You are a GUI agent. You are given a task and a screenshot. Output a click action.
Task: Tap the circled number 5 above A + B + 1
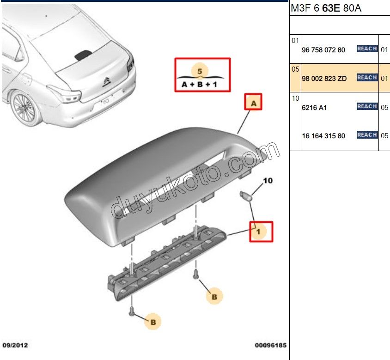pyautogui.click(x=200, y=71)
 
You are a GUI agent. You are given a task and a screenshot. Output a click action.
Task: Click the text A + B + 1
pyautogui.click(x=200, y=85)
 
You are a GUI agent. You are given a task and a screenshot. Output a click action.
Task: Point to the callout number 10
pyautogui.click(x=268, y=181)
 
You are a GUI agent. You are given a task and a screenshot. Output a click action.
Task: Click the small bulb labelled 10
pyautogui.click(x=246, y=196)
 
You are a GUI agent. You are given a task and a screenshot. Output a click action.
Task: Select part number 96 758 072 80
pyautogui.click(x=323, y=49)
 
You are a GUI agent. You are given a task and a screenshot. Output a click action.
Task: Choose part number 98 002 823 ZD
pyautogui.click(x=323, y=78)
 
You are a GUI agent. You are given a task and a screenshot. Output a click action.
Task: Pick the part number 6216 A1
pyautogui.click(x=314, y=107)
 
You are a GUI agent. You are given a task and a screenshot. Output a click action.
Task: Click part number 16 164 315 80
pyautogui.click(x=323, y=136)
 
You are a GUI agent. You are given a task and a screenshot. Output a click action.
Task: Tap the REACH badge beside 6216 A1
pyautogui.click(x=367, y=106)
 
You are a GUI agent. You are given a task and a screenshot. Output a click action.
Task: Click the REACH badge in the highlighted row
pyautogui.click(x=367, y=78)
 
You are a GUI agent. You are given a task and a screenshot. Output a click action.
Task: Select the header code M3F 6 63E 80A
pyautogui.click(x=325, y=8)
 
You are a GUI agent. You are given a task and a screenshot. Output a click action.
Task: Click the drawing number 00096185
pyautogui.click(x=270, y=345)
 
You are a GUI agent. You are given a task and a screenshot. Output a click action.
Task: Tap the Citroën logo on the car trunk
pyautogui.click(x=106, y=82)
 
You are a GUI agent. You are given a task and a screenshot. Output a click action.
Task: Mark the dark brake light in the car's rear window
pyautogui.click(x=83, y=55)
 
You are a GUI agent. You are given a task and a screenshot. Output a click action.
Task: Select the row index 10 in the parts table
pyautogui.click(x=295, y=98)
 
